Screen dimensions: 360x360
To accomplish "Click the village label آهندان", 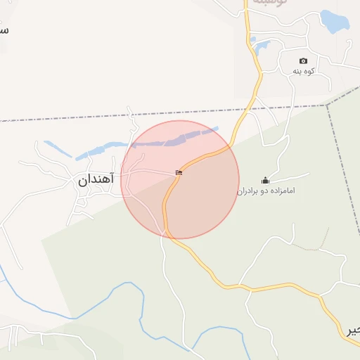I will tap(95, 180).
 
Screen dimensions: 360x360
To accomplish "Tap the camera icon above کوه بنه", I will tap(303, 61).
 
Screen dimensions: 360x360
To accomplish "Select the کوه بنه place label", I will tap(303, 72).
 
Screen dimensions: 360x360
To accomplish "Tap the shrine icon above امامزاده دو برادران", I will tap(265, 180).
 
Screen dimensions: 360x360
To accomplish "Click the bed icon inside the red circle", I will tap(179, 172).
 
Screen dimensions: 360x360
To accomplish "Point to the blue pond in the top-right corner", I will tap(334, 21).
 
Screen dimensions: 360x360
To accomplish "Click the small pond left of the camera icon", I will tap(262, 48).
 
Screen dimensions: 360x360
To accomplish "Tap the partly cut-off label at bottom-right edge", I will tap(352, 331).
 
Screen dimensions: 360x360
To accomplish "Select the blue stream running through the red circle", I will tap(176, 138).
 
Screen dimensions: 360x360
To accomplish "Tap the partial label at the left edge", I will tap(4, 30).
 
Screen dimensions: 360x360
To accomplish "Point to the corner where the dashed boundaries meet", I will tap(327, 105).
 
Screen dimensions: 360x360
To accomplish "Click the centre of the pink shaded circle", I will tap(180, 179).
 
